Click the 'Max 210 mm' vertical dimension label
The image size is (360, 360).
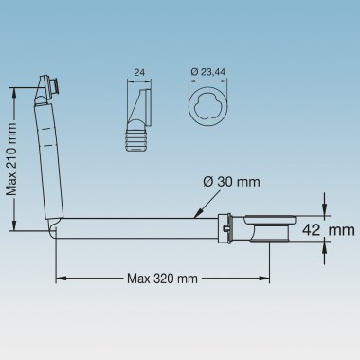pyautogui.click(x=11, y=159)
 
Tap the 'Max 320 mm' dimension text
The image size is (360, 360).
pyautogui.click(x=162, y=279)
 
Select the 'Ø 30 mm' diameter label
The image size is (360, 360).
pyautogui.click(x=231, y=182)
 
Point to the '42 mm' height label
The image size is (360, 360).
pyautogui.click(x=329, y=230)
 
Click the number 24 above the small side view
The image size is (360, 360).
pyautogui.click(x=139, y=72)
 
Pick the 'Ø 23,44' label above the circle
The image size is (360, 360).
pyautogui.click(x=208, y=72)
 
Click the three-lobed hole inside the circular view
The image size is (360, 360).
pyautogui.click(x=207, y=105)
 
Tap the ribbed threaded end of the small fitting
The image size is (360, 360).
pyautogui.click(x=136, y=139)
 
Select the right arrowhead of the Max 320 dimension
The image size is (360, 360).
pyautogui.click(x=264, y=279)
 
